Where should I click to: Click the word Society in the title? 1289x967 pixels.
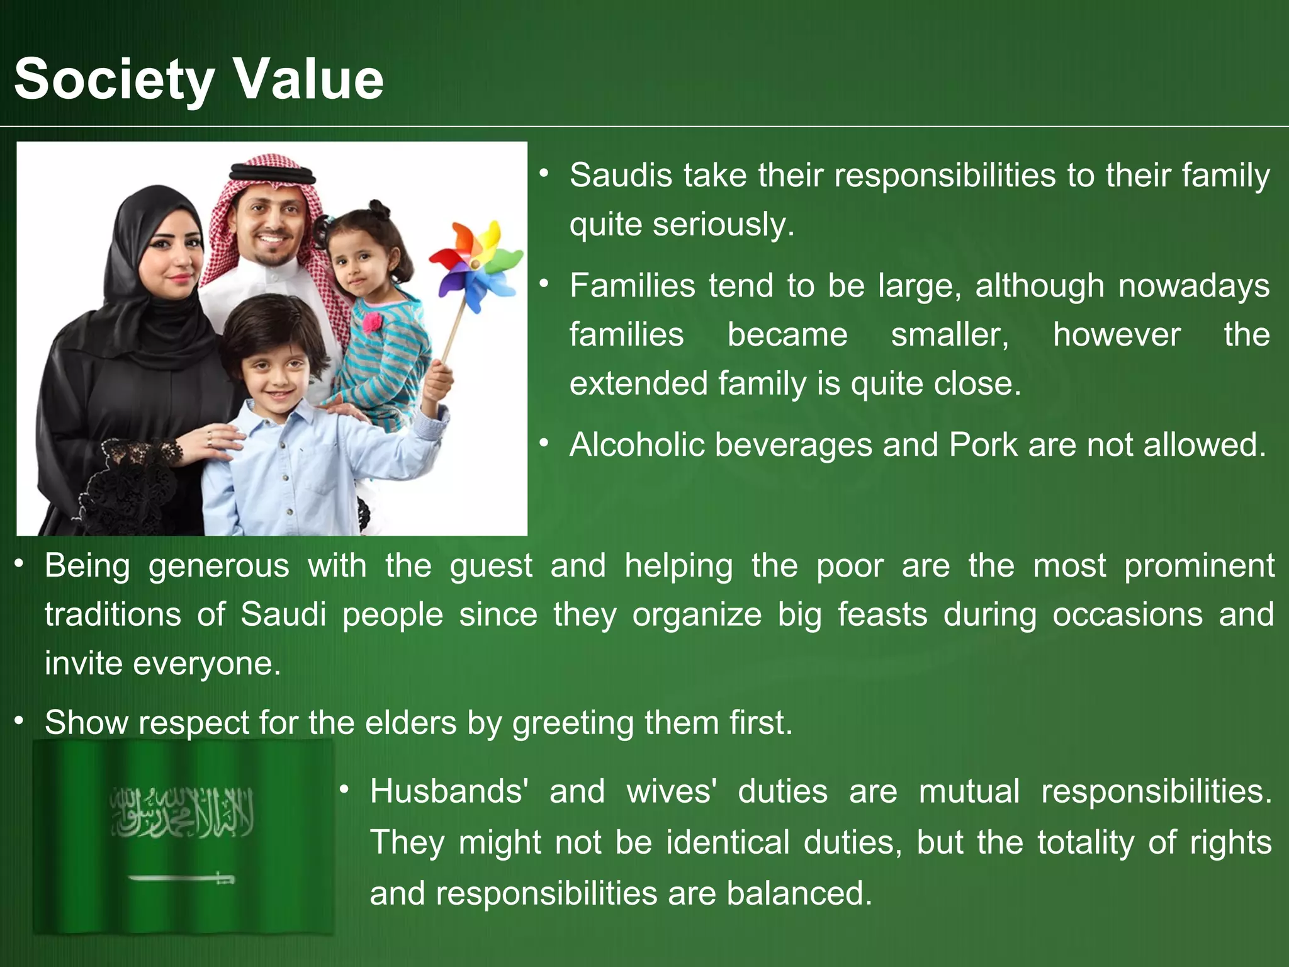point(114,79)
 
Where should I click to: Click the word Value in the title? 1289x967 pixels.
point(308,79)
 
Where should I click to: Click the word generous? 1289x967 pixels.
point(218,565)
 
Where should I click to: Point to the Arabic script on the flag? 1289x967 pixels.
point(183,812)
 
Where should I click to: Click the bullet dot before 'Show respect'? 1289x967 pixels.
point(20,720)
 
